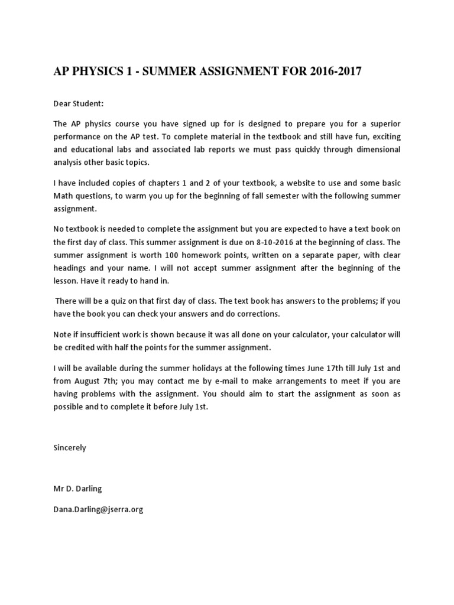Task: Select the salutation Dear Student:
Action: pos(79,103)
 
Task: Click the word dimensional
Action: pos(374,149)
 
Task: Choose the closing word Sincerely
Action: pos(70,448)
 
